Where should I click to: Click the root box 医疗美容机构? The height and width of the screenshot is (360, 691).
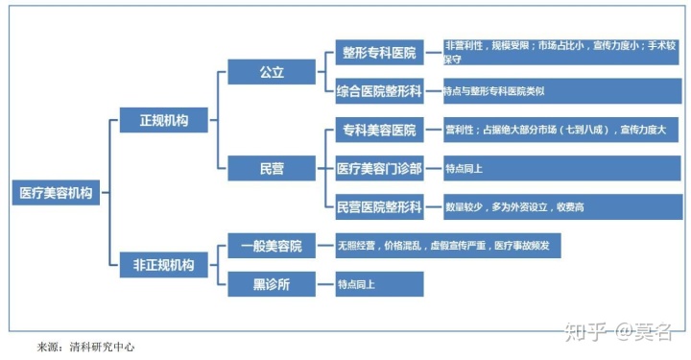coord(57,192)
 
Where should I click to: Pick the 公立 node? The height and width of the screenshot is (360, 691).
coord(272,72)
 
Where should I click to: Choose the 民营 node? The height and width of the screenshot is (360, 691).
coord(272,168)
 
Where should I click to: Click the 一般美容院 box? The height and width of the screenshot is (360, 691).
coord(272,246)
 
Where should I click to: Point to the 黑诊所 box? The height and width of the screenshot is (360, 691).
coord(272,283)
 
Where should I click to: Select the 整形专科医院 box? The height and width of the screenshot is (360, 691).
coord(379,53)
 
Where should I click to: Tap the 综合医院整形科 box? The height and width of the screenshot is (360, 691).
coord(379,91)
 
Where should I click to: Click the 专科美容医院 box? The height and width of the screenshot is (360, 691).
coord(379,130)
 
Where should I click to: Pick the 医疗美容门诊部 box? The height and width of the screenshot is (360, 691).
coord(379,168)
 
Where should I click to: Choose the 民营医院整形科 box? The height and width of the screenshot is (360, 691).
coord(379,206)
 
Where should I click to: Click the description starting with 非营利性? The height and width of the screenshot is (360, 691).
coord(561,52)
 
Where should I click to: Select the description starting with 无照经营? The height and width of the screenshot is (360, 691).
coord(447,246)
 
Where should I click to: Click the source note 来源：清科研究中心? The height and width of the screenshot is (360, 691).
coord(85,346)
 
